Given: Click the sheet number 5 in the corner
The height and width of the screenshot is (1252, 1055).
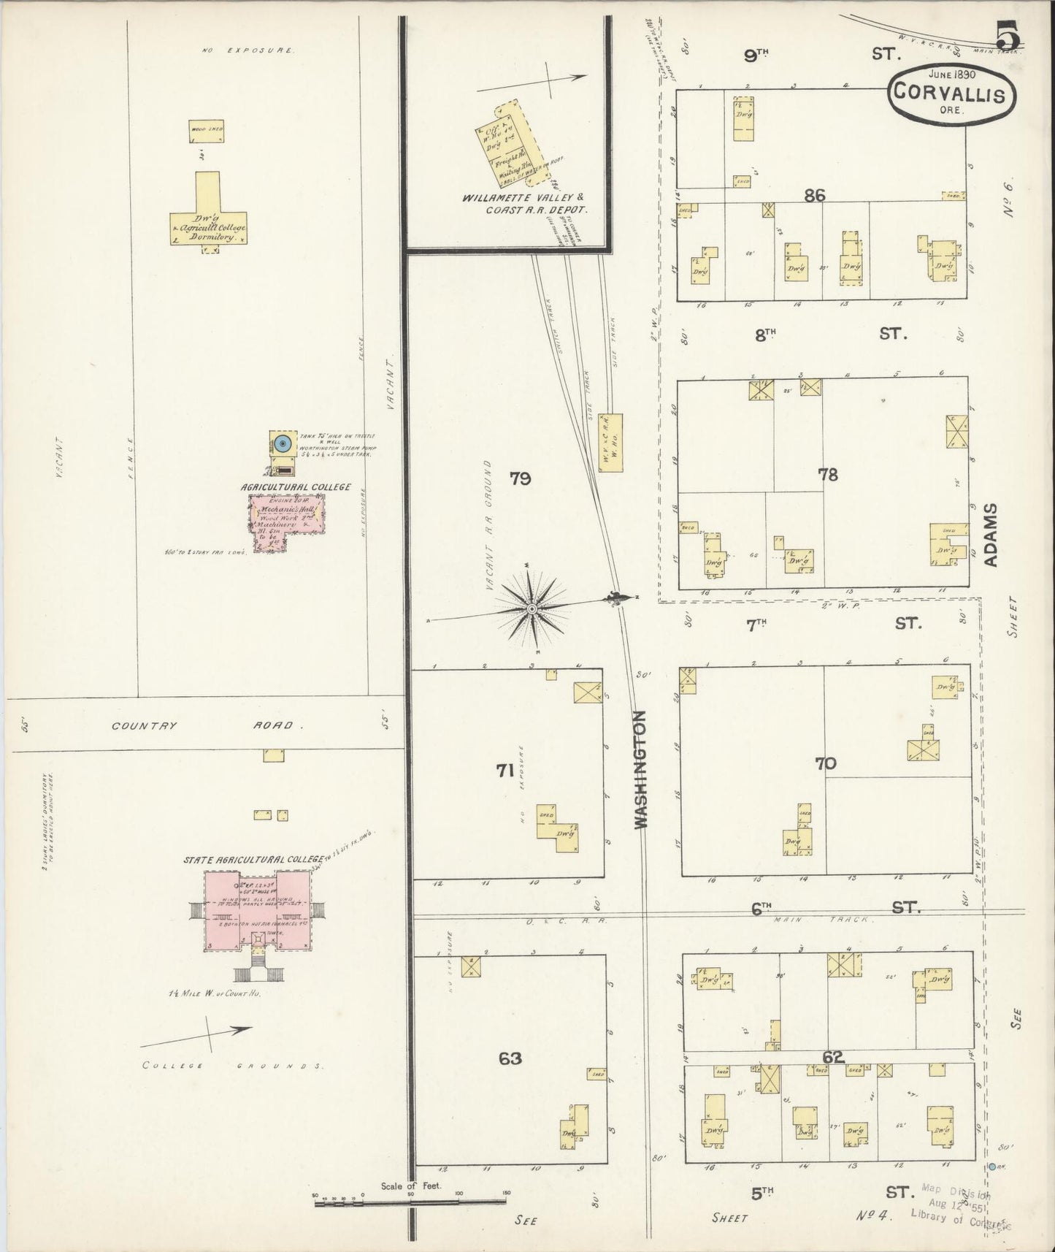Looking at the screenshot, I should [1008, 34].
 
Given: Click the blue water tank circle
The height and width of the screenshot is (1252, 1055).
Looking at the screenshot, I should [283, 443].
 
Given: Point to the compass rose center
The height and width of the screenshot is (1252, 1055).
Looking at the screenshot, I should [533, 608].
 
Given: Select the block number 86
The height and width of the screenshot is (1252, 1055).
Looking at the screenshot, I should [814, 195].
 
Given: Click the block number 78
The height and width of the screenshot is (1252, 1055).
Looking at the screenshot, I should [828, 475].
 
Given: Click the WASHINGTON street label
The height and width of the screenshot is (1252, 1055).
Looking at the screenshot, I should [641, 770].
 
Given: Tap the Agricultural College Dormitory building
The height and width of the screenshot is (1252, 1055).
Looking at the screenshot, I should [209, 219].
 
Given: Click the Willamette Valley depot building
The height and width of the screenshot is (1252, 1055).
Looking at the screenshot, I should [516, 142].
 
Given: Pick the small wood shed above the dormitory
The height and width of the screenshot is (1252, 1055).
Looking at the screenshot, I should [207, 131].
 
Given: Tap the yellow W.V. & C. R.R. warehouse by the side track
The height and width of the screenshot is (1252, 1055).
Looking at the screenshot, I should [610, 443].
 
